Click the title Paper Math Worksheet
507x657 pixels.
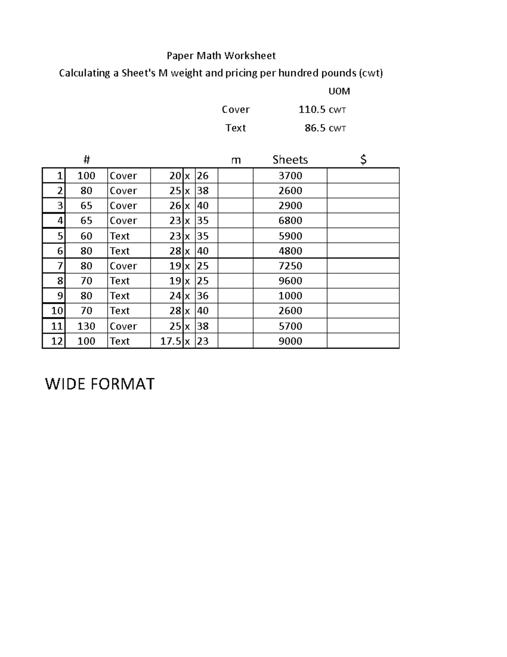click(221, 55)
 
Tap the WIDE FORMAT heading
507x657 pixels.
click(100, 384)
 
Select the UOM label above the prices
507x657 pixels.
click(339, 91)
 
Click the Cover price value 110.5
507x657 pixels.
click(312, 110)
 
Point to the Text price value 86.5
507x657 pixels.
click(315, 128)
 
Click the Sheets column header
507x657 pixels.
click(290, 159)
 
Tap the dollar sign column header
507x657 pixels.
click(363, 159)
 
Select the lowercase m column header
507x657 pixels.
click(236, 160)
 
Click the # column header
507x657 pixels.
click(87, 159)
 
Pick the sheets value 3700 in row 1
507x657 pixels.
click(290, 176)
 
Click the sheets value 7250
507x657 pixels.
click(290, 266)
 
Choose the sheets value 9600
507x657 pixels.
click(290, 280)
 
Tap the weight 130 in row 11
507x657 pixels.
click(86, 326)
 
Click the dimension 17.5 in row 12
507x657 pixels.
click(171, 341)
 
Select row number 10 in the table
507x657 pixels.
click(57, 311)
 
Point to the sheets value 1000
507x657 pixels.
click(290, 296)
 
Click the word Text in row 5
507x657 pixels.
click(120, 236)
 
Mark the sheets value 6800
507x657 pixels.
click(290, 220)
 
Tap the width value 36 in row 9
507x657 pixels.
click(203, 296)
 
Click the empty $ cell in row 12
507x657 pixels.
click(363, 341)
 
